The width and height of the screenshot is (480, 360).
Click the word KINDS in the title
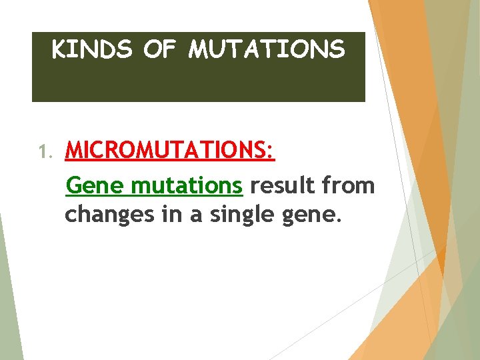coord(92,49)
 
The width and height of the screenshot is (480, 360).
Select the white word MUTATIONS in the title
coord(267,49)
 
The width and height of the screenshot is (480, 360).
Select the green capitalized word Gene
coord(96,185)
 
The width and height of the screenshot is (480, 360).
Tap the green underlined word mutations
coord(187,185)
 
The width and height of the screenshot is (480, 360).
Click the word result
coord(285,185)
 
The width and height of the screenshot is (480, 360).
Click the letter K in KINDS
coord(59,49)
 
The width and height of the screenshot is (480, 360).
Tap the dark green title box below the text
coord(198,83)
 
